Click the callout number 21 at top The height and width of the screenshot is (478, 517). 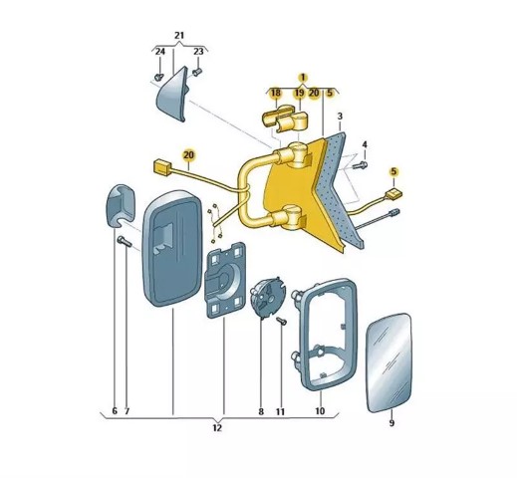point(179,36)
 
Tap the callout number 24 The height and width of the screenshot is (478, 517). point(160,52)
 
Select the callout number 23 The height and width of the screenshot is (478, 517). point(198,52)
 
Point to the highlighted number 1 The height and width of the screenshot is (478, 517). point(303,78)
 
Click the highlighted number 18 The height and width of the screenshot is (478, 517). point(276,93)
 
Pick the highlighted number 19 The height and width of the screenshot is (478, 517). point(299,93)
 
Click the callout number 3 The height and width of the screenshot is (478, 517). point(340,117)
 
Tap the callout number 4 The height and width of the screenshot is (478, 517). point(365,144)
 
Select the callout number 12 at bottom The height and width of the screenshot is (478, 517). point(217,428)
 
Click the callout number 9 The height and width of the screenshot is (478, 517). point(391,423)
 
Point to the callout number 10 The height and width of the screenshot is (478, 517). point(320,411)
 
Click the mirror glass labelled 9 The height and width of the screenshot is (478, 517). point(388,362)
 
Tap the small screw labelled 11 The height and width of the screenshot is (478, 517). point(282,321)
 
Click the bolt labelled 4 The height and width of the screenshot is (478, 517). point(360,164)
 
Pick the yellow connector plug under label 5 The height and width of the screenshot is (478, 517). point(393,193)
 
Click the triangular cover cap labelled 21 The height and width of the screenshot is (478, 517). point(172,94)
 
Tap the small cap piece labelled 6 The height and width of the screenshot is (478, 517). point(120,205)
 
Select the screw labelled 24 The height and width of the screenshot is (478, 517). point(159,78)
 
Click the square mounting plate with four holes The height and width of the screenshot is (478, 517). point(225,281)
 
